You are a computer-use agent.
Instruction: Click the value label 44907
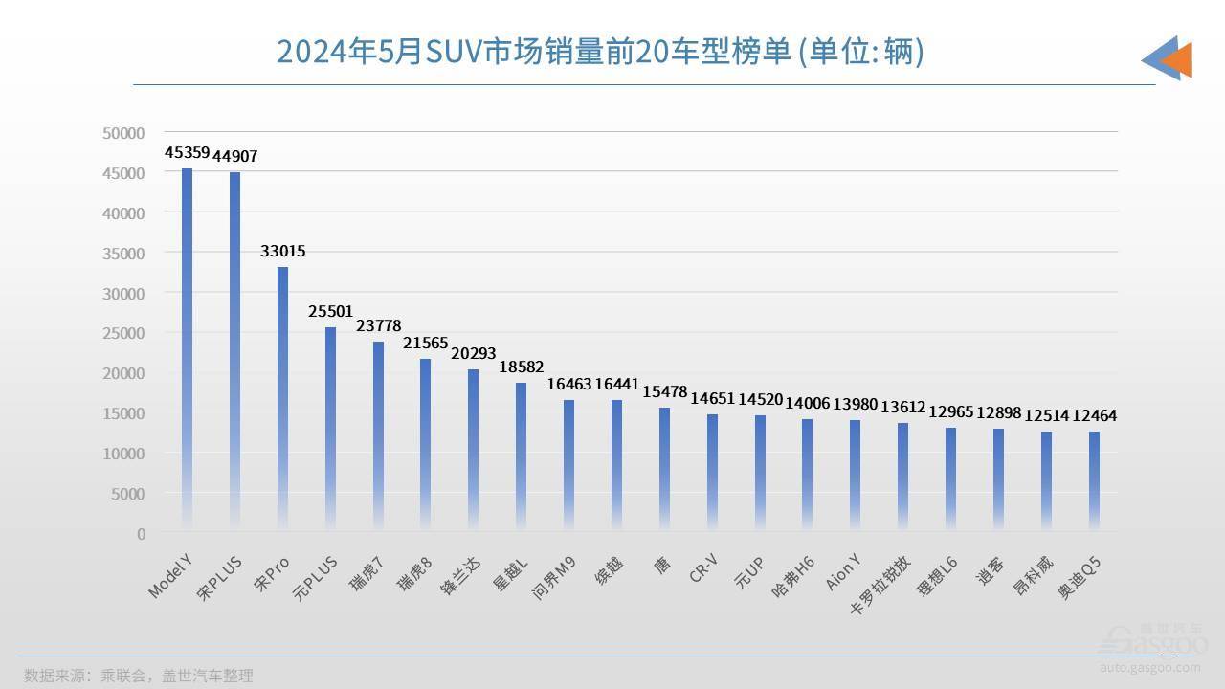pos(235,156)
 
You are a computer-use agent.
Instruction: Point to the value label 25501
pos(331,311)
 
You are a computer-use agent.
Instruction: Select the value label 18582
pos(522,367)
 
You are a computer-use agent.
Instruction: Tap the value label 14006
pos(808,404)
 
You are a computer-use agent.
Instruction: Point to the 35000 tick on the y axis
pos(124,253)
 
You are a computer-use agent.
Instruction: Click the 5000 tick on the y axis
pos(128,493)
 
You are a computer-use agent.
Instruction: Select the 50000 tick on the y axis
pos(124,132)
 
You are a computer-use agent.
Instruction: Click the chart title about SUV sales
pos(600,52)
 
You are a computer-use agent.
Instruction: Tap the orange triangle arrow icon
pos(1177,59)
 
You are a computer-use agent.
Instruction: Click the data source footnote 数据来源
pos(139,675)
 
